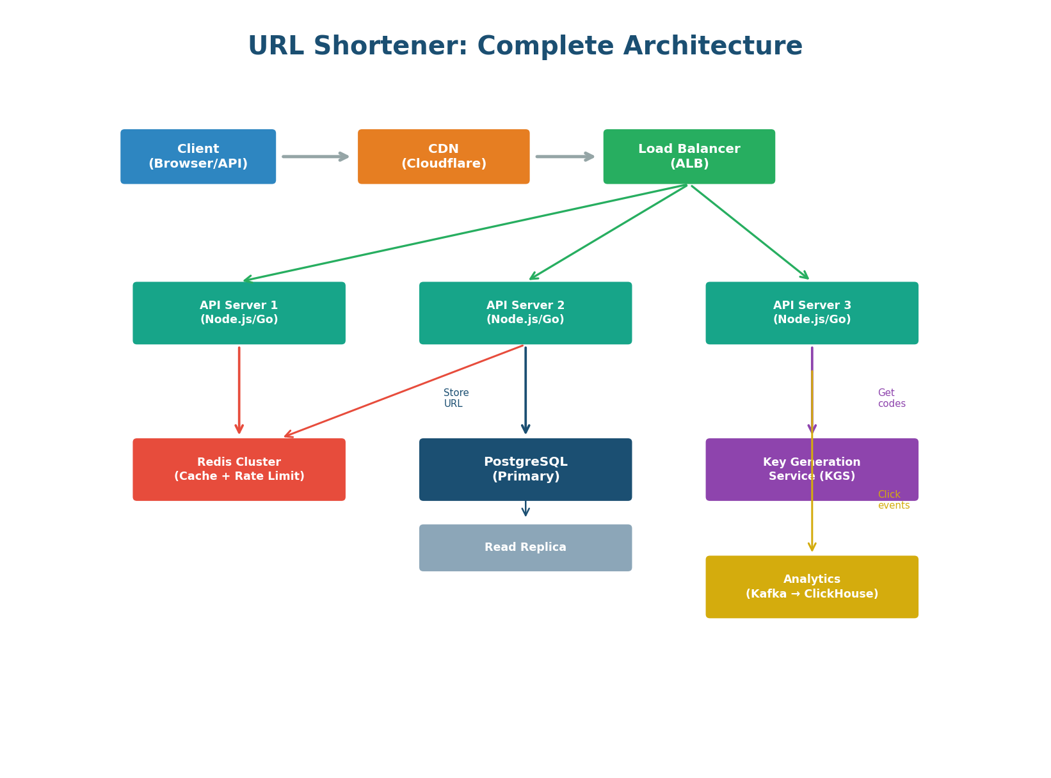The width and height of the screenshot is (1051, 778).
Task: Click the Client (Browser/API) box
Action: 198,157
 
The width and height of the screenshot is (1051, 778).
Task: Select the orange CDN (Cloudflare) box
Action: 443,157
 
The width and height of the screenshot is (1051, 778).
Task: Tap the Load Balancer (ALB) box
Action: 689,157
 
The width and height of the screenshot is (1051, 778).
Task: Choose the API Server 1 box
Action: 239,313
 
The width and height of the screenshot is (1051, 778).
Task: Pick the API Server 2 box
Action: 525,313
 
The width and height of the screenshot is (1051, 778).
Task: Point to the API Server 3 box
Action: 812,313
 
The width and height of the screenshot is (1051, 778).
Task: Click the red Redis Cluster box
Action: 239,470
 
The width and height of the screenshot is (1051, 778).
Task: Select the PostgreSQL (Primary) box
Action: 525,470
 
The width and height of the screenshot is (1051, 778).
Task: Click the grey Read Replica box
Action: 525,548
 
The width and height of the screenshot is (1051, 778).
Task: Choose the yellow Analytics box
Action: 812,587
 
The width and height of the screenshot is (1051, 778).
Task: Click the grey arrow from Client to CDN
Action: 316,157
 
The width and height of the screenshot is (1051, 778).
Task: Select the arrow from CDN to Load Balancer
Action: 565,157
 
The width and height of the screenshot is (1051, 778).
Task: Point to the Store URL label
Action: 456,398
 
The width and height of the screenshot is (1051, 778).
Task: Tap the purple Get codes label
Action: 891,398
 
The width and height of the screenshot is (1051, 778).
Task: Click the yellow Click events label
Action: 893,500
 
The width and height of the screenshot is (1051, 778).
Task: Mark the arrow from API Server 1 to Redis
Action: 239,390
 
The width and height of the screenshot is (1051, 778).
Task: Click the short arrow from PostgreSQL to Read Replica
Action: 525,509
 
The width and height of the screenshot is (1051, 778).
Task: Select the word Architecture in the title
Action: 712,47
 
